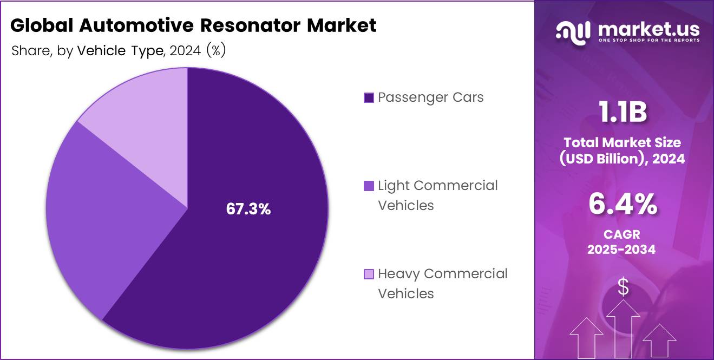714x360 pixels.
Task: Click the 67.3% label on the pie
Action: (248, 210)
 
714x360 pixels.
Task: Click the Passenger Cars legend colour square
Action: (369, 98)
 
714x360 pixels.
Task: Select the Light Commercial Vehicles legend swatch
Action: (369, 186)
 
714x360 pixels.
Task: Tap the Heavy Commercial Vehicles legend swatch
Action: (369, 274)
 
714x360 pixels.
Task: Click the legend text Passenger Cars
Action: (430, 97)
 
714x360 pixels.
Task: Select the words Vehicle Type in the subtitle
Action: (120, 51)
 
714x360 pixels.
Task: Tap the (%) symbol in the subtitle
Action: (215, 51)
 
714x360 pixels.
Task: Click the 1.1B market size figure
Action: (623, 113)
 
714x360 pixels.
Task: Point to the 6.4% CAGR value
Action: (623, 205)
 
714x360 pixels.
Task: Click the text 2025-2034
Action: (623, 250)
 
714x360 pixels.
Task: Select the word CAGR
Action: (623, 234)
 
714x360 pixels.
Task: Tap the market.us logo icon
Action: (573, 31)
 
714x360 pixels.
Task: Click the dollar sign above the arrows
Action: (623, 287)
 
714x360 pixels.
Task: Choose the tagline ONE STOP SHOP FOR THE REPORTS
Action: (649, 41)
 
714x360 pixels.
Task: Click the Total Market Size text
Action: (623, 142)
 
